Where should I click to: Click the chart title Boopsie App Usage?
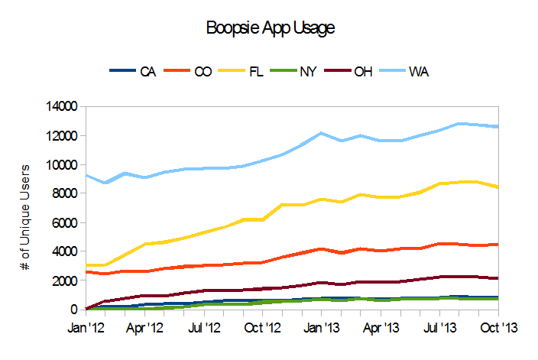[271, 28]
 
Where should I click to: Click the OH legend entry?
[362, 72]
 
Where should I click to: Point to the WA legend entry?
[418, 72]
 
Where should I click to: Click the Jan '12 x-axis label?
[86, 327]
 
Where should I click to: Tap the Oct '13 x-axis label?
[498, 327]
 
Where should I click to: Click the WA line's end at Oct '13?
[498, 126]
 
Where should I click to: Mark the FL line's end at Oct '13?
[498, 186]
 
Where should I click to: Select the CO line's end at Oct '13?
[498, 245]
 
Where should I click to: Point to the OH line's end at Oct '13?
[498, 278]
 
